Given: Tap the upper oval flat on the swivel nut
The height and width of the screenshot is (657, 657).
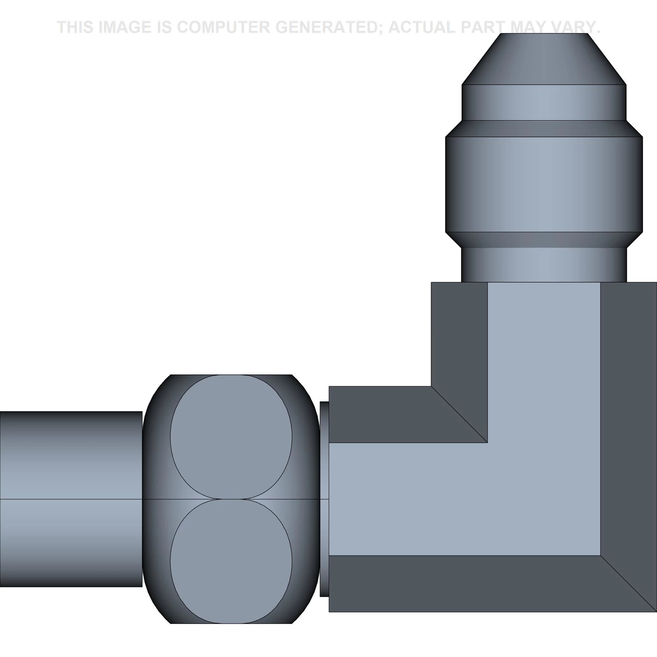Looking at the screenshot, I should (231, 437).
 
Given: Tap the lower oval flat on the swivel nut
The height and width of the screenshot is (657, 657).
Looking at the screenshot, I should (231, 561).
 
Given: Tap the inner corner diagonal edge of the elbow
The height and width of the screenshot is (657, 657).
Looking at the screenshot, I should (460, 415).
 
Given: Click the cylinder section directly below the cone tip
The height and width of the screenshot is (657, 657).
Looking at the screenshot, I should (544, 102).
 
